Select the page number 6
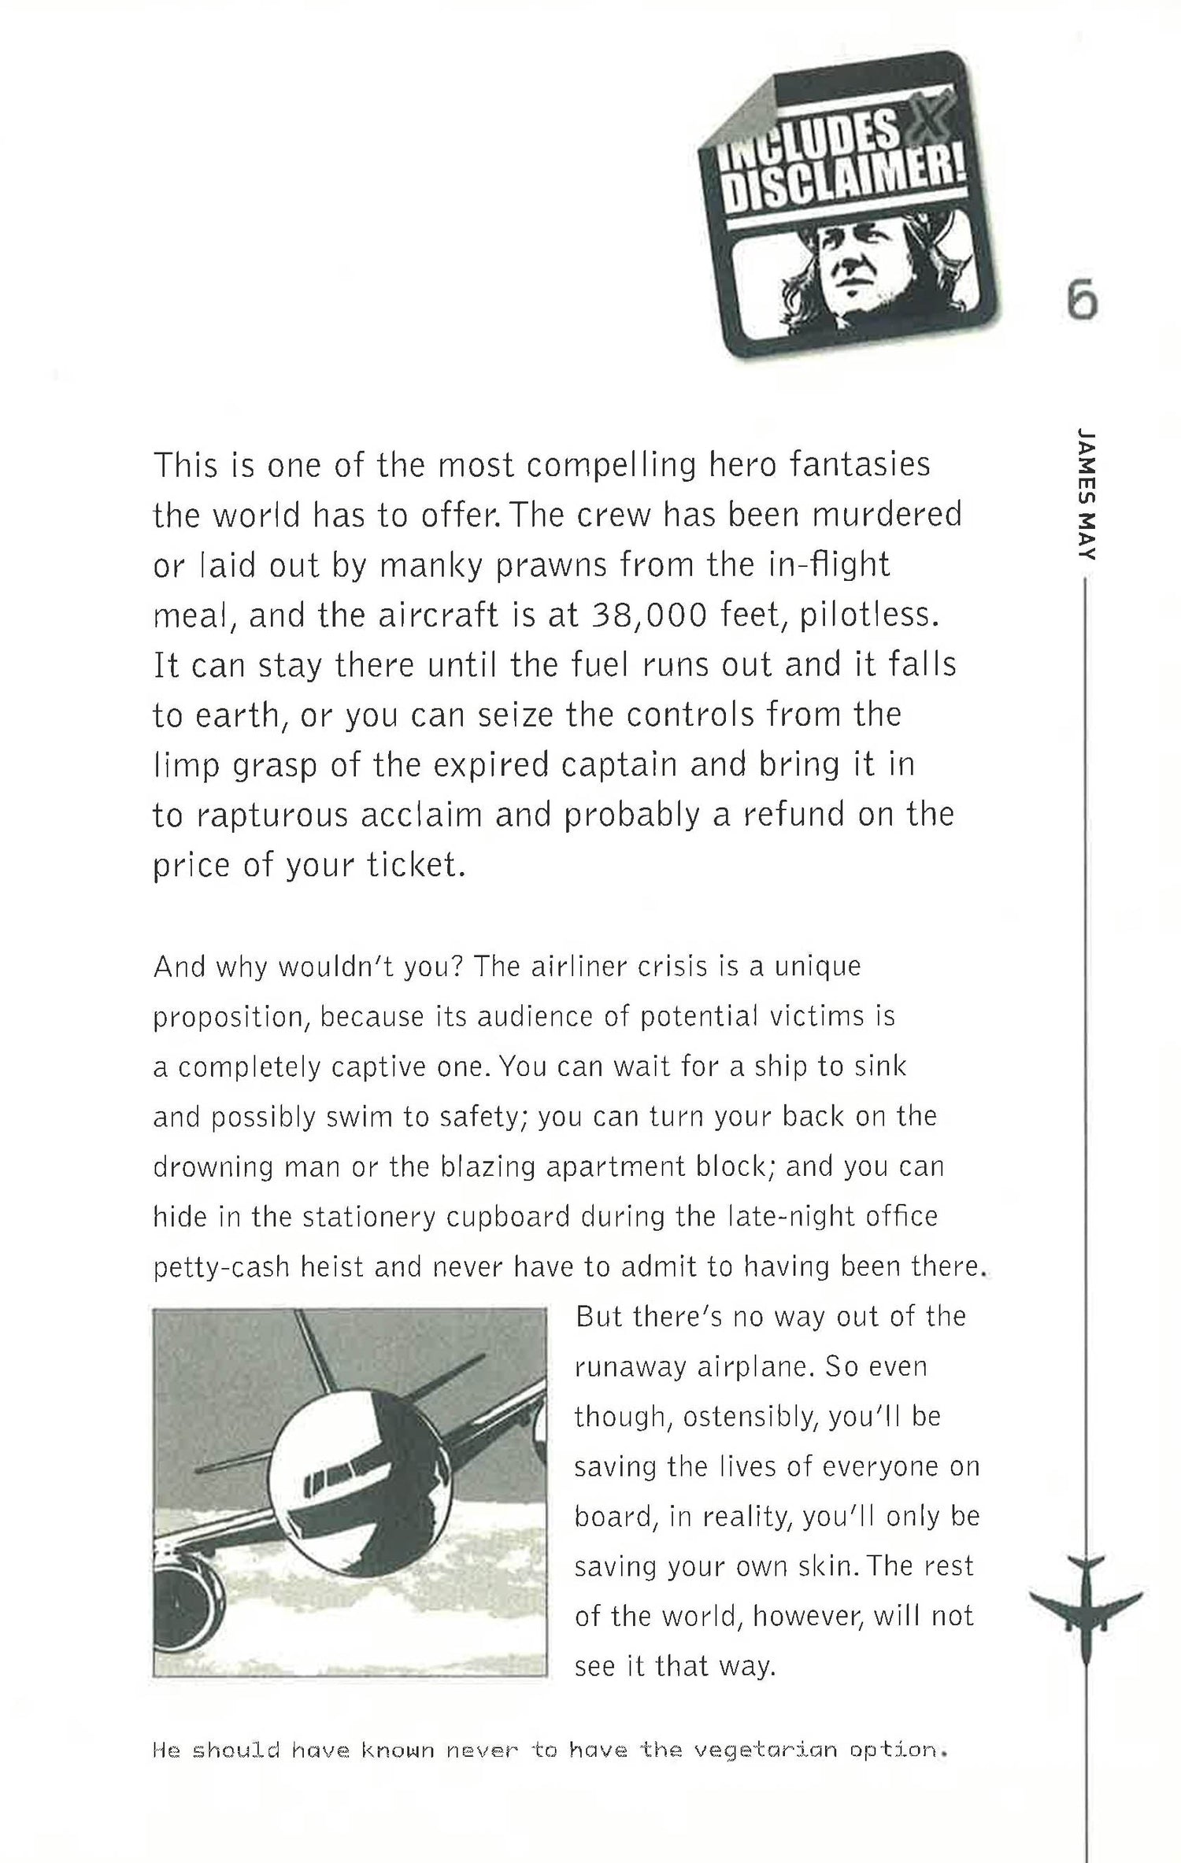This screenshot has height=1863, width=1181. pos(1083,301)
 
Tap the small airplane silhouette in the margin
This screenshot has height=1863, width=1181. pos(1085,1598)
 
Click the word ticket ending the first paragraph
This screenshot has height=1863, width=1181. pos(416,865)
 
